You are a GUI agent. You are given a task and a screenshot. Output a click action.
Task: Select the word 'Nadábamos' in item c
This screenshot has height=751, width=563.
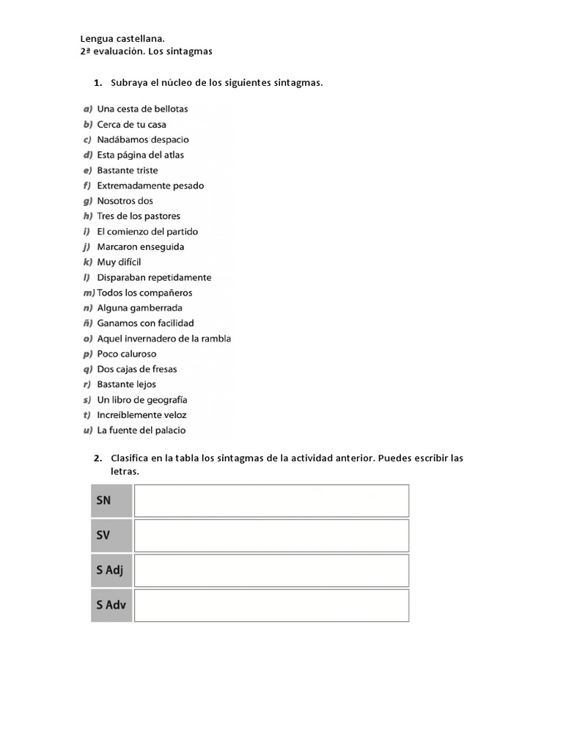point(120,139)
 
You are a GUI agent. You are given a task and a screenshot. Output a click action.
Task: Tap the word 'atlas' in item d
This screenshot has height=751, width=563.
point(174,155)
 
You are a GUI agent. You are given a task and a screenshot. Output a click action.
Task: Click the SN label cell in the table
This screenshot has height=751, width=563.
point(111,500)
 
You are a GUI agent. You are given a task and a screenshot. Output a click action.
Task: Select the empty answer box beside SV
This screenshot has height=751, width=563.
point(271,535)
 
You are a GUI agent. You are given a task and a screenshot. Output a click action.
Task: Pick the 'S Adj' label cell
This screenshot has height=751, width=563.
point(111,570)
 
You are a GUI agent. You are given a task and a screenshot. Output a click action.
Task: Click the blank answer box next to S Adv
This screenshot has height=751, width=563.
point(271,605)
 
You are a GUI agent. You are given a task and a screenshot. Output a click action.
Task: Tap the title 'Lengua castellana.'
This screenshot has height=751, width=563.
point(122,38)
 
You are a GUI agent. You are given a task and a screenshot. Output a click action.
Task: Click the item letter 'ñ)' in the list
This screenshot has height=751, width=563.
point(87,323)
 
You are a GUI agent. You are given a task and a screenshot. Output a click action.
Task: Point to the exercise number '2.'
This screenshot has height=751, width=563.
point(97,458)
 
